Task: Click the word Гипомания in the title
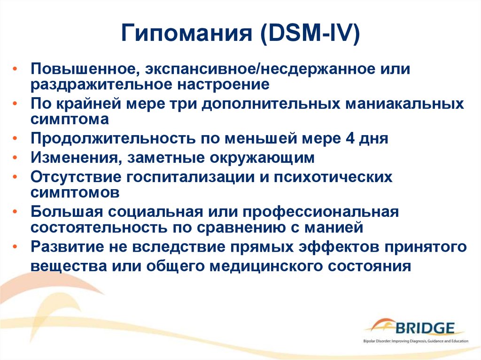(186, 33)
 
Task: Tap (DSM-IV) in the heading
(310, 33)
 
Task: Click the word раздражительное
(101, 84)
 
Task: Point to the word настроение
(224, 84)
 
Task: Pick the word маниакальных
(404, 104)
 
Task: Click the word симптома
(70, 119)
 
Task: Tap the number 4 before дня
(350, 138)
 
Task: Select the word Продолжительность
(113, 138)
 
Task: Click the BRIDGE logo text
(425, 329)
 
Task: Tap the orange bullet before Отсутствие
(15, 177)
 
